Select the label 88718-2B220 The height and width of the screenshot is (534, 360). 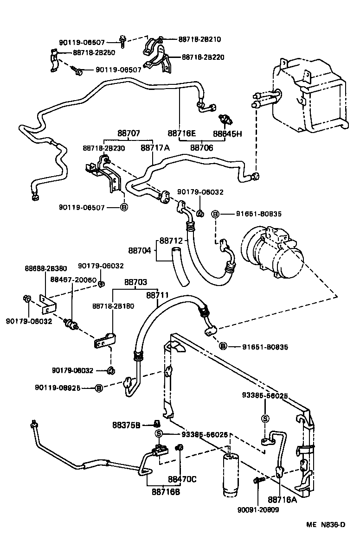point(203,57)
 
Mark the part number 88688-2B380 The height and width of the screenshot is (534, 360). point(45,268)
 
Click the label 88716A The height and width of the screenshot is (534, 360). point(282,500)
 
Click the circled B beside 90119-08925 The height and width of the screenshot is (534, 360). point(98,388)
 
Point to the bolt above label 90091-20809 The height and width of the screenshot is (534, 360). point(257,482)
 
